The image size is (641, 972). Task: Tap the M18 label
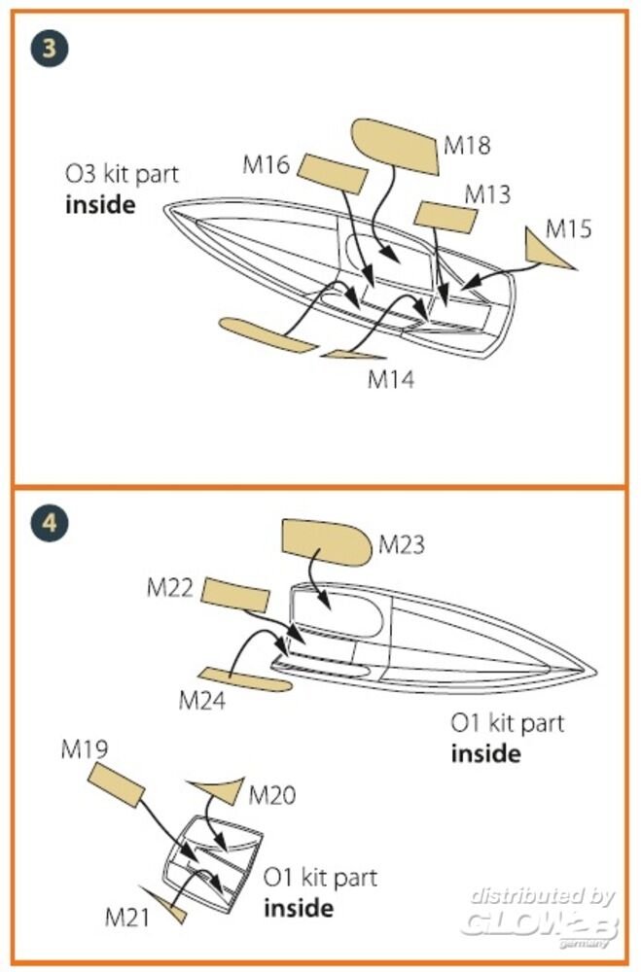467,145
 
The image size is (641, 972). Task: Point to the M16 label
267,165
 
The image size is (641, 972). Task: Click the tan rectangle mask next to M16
332,175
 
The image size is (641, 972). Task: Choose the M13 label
487,193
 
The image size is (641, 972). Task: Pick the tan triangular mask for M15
545,249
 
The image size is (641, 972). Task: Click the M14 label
391,379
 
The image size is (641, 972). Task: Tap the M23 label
402,544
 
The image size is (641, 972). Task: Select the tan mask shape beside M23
325,542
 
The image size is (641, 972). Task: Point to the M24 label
202,700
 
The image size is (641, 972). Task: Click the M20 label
272,795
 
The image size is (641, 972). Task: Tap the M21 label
128,915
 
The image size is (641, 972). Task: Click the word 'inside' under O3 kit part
100,205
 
